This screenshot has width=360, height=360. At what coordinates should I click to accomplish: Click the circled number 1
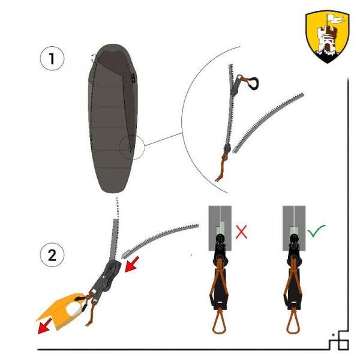click(52, 58)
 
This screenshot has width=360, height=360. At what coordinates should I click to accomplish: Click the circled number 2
click(52, 254)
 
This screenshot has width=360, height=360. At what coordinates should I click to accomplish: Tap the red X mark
click(241, 232)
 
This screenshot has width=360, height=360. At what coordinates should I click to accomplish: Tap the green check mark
click(316, 231)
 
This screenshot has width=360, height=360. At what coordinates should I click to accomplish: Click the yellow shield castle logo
click(328, 36)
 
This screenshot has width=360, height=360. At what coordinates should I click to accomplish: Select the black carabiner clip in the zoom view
click(254, 83)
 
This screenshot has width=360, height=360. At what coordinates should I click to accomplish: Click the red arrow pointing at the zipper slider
click(132, 265)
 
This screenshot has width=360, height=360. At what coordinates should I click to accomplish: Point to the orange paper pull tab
click(61, 311)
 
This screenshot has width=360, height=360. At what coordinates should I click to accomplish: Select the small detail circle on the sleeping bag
click(132, 148)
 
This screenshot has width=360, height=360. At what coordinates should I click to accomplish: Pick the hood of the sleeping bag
click(113, 59)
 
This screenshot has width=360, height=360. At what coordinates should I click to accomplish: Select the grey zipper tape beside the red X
click(220, 228)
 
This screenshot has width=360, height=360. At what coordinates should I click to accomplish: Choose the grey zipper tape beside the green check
click(294, 228)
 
